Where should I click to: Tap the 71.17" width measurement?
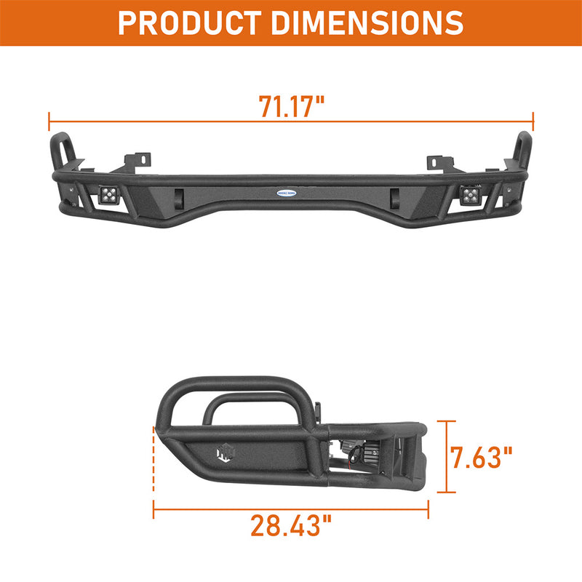[x=291, y=106]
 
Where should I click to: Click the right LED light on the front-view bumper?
[x=471, y=194]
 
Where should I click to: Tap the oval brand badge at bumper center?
[x=291, y=193]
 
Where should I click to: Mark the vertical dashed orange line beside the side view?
[x=153, y=466]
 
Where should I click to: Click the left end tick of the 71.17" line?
[x=49, y=121]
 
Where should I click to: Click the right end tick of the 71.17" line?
[x=533, y=121]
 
